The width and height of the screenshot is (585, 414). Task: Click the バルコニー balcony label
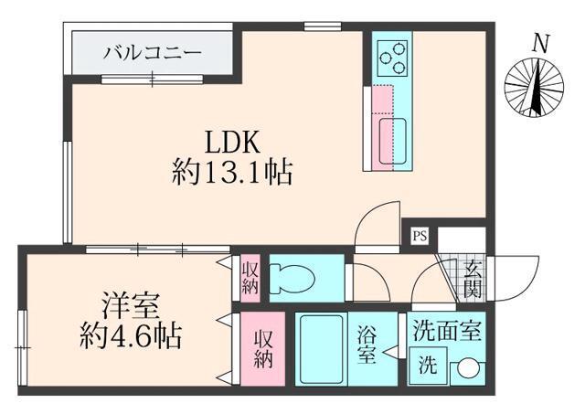152,52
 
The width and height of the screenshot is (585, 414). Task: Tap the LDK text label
232,143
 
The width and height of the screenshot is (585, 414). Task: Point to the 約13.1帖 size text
232,172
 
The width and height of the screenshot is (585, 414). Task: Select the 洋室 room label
124,303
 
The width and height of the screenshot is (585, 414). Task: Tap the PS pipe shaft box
420,234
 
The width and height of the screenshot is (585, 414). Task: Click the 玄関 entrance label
473,279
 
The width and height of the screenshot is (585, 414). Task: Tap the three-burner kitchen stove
393,58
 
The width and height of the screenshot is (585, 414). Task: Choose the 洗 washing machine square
428,368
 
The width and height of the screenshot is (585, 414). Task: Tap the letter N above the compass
541,41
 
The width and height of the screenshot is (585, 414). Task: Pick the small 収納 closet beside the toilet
250,277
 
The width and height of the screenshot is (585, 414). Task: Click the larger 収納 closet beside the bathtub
263,349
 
